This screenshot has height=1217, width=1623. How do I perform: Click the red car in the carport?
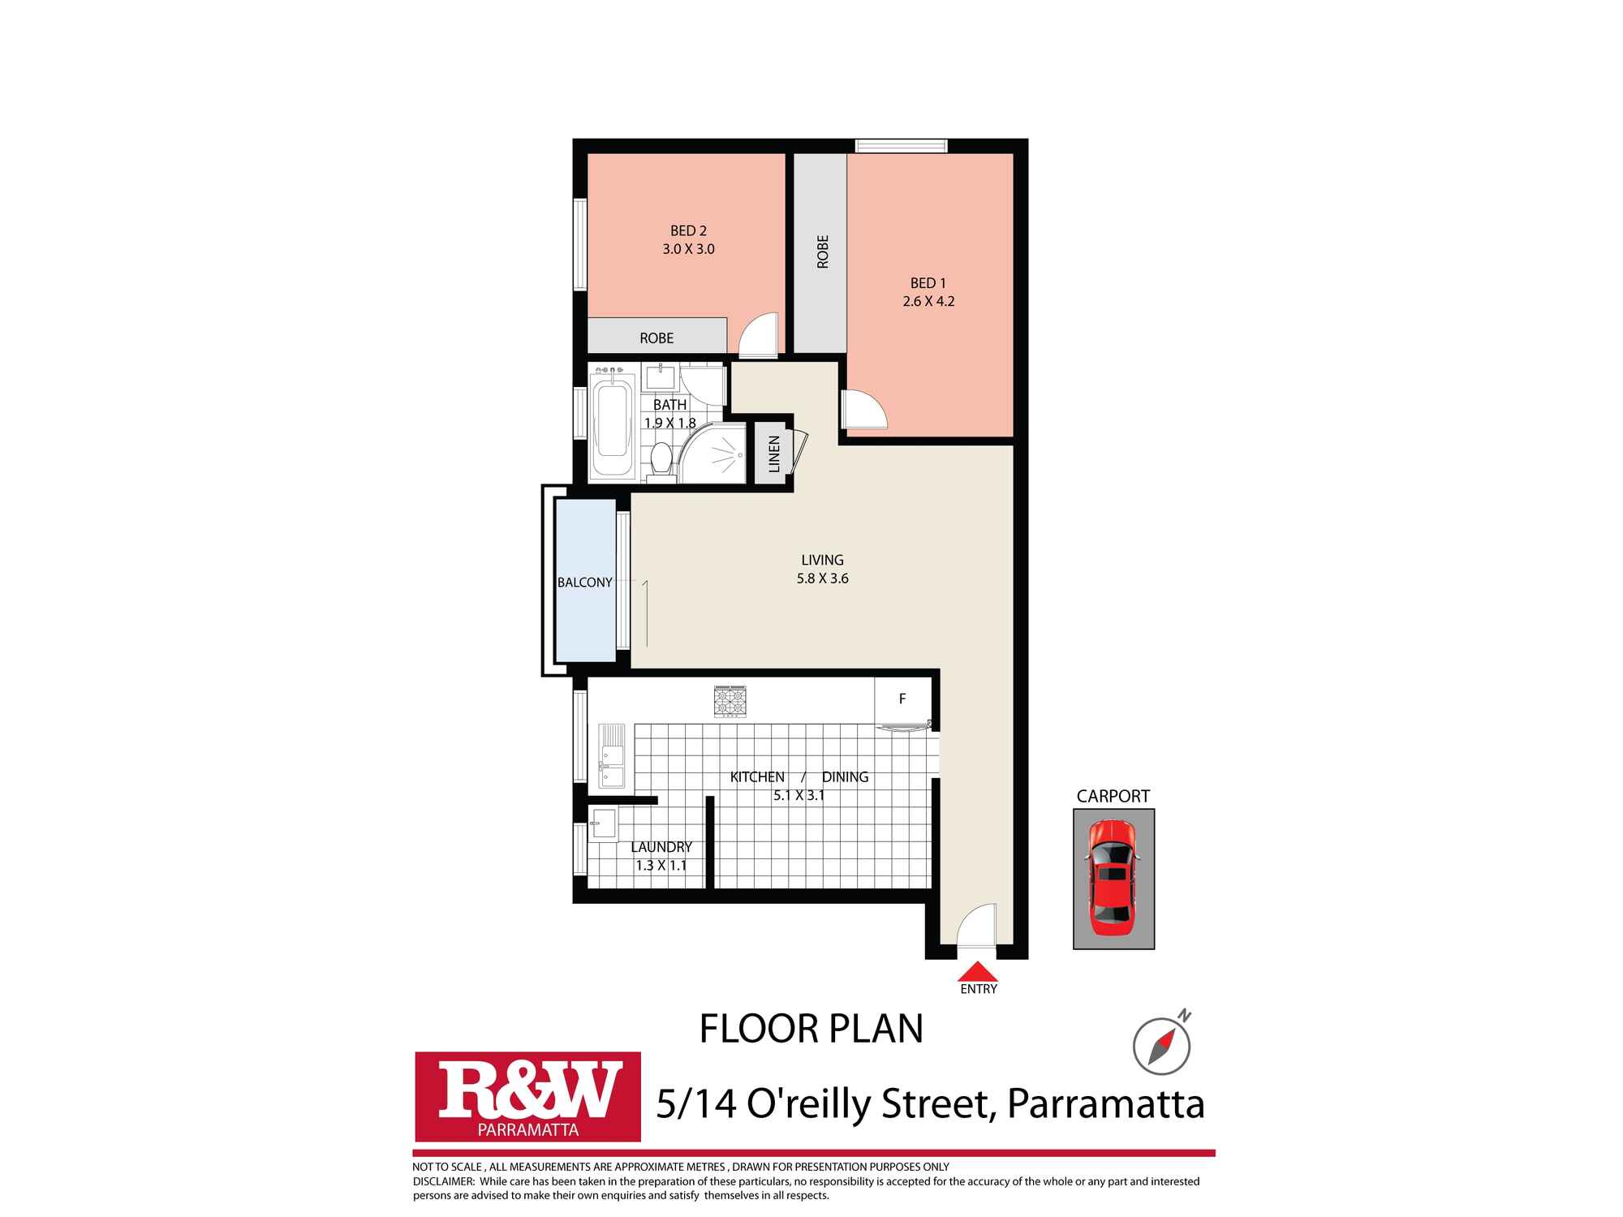click(x=1113, y=878)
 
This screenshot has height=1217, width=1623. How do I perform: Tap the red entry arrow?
click(x=978, y=971)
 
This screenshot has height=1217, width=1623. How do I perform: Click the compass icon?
click(x=1162, y=1045)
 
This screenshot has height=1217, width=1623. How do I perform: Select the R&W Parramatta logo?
click(x=527, y=1097)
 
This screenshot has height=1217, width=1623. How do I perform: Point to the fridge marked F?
click(x=902, y=699)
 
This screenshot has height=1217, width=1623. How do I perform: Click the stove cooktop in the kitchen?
click(x=730, y=702)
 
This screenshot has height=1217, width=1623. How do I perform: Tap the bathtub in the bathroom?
click(x=613, y=430)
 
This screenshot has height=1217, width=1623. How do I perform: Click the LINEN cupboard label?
click(x=774, y=454)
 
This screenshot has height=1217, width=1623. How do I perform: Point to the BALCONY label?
click(x=584, y=583)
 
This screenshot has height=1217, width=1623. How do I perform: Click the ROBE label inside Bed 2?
click(x=657, y=338)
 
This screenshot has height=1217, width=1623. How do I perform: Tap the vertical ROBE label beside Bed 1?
click(x=823, y=252)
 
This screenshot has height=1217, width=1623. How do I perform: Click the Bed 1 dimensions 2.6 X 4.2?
click(x=928, y=301)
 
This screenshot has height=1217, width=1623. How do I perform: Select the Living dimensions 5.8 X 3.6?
click(x=823, y=578)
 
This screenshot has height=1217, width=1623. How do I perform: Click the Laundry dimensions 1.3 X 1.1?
click(x=661, y=866)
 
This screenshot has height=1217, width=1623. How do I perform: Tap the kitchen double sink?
click(x=612, y=756)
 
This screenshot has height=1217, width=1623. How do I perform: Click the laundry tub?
click(x=603, y=824)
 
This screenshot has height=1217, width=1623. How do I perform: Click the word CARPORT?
click(x=1113, y=797)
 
